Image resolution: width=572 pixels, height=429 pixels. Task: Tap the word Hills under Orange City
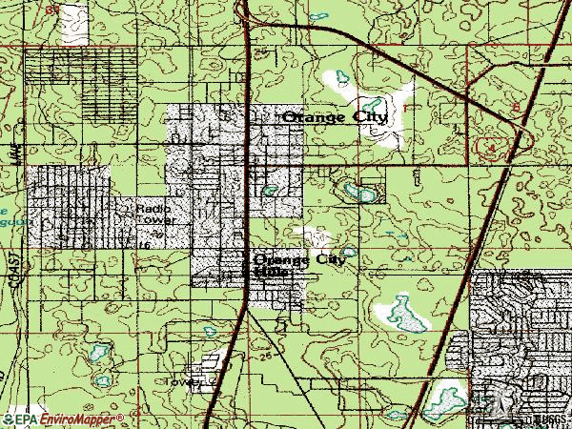[x=273, y=272]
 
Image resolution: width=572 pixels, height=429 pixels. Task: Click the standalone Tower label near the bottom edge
[x=182, y=381]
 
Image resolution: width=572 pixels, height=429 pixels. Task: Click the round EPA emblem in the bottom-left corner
[x=7, y=419]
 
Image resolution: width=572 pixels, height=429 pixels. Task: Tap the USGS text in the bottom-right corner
[x=551, y=419]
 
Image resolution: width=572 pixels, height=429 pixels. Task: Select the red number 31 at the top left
[x=51, y=9]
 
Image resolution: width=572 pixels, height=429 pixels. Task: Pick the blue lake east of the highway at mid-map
[x=362, y=194]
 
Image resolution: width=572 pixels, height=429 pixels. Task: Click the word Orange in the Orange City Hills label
[x=281, y=258]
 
